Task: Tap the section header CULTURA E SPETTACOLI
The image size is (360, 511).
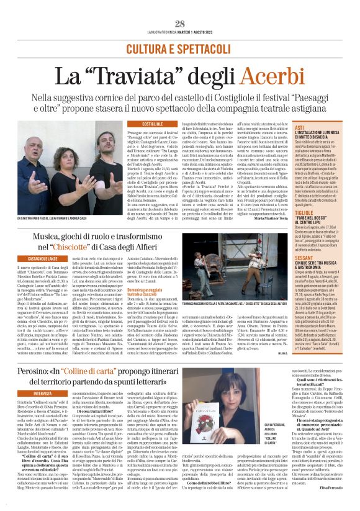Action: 180,48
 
